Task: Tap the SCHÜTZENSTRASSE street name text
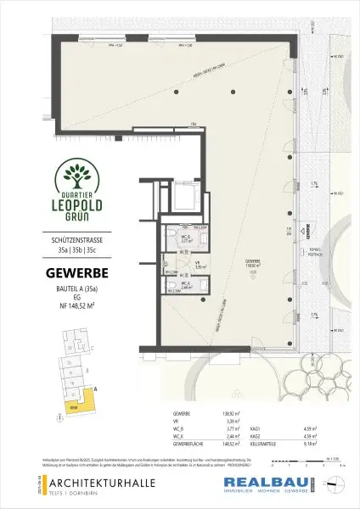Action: (x=76, y=243)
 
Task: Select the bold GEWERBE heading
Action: (x=76, y=273)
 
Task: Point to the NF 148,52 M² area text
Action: (x=76, y=307)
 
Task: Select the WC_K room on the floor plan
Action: (x=183, y=286)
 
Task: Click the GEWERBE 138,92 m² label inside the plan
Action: (x=251, y=263)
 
